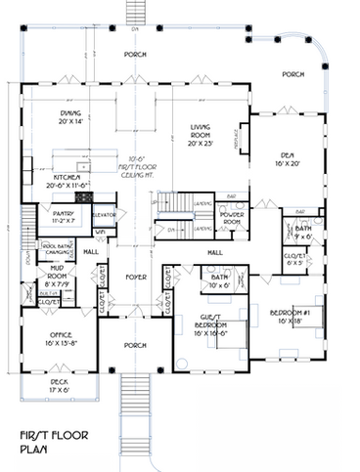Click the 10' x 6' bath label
[x=219, y=281]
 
